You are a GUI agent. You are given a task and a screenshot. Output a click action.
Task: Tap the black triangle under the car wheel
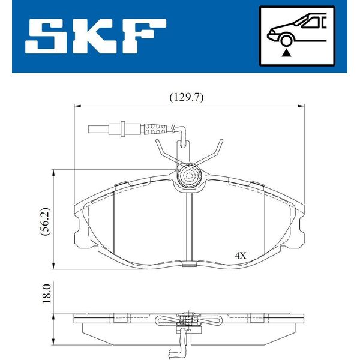(x=286, y=53)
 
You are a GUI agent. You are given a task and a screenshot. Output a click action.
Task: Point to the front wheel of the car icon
(x=286, y=40)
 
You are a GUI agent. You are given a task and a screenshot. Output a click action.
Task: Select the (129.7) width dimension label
(x=187, y=98)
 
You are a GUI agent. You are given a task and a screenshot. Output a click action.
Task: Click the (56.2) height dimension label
(x=44, y=221)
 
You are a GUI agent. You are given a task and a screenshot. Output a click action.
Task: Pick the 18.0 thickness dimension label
(x=46, y=293)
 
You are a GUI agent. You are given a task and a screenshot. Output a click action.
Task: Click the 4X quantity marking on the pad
(x=241, y=256)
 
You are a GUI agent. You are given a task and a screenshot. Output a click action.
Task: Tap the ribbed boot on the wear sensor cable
(x=155, y=129)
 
